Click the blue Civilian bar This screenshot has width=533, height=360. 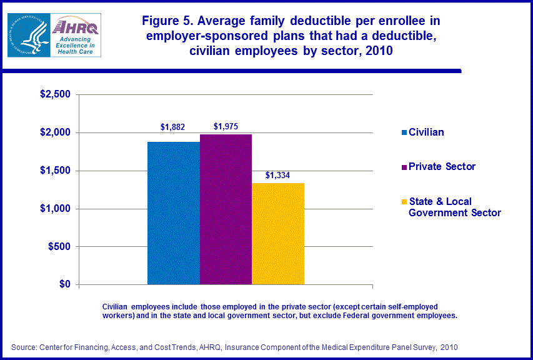pos(173,213)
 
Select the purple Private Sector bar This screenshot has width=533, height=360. pos(226,209)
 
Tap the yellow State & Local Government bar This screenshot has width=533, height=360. pos(278,234)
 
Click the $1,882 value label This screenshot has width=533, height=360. pos(173,127)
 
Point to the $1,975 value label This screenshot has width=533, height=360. pos(226,126)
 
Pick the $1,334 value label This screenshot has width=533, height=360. pos(278,175)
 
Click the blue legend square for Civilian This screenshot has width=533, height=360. pos(404,132)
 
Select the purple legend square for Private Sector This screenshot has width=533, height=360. pos(404,167)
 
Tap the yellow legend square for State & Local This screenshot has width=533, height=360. pos(404,202)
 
